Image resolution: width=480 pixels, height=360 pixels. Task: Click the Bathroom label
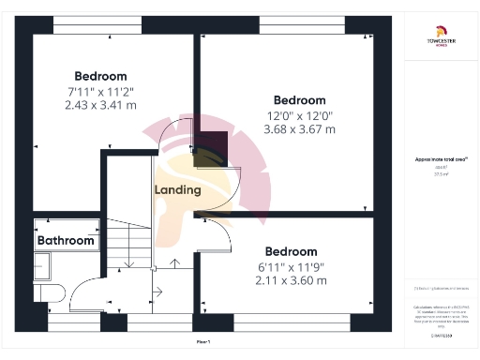[x=66, y=241]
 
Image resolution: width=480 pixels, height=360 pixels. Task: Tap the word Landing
[x=177, y=189]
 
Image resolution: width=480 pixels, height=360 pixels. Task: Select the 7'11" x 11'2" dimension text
[x=100, y=92]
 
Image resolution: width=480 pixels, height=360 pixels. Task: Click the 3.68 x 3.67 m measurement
[x=299, y=129]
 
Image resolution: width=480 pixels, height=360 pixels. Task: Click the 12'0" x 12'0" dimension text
[x=299, y=116]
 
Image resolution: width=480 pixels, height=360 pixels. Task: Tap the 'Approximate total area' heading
[x=441, y=159]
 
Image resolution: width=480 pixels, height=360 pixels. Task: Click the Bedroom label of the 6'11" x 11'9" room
[x=291, y=251]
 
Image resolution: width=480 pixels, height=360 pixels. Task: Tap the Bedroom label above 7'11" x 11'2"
[x=100, y=76]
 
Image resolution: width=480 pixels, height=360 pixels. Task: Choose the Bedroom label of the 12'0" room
[x=299, y=100]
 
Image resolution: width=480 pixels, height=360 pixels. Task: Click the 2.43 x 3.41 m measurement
[x=100, y=105]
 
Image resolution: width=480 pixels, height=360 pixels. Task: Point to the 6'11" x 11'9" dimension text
[x=291, y=267]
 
